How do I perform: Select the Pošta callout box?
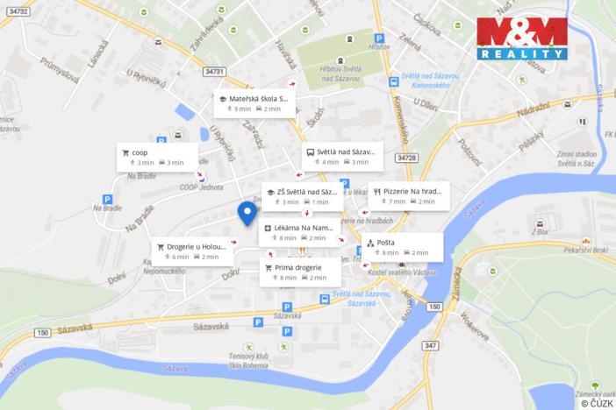point(402,247)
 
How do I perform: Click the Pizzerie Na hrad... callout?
point(409,195)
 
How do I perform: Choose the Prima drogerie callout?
point(299,272)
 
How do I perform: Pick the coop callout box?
point(155,157)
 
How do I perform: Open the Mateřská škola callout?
point(254,104)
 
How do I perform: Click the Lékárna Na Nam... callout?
point(299,232)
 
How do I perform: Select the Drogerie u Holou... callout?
point(191,251)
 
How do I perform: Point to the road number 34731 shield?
point(212,72)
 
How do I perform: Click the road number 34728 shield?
point(406,158)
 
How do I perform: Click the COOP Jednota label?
point(199,187)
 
